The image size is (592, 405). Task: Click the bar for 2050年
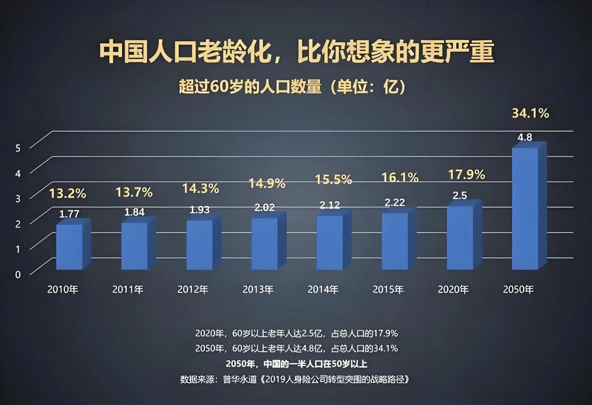(525, 208)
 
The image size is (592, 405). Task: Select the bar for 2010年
(69, 247)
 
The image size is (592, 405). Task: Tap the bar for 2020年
(460, 238)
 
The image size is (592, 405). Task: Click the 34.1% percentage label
(530, 113)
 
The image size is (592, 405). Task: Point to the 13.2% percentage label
(68, 193)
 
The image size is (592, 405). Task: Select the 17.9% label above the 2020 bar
(466, 175)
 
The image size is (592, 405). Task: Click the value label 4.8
(525, 137)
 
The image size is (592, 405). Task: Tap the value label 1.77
(69, 214)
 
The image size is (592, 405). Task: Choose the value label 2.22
(395, 202)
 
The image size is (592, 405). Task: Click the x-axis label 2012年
(193, 289)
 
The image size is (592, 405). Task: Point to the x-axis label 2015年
(388, 289)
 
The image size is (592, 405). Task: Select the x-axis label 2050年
(518, 289)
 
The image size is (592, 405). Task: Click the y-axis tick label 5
(18, 148)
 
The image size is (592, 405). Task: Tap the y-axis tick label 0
(18, 275)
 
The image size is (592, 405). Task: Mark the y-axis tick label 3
(18, 199)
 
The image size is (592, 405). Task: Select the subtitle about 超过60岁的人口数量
(292, 87)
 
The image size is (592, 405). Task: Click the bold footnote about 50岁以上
(296, 364)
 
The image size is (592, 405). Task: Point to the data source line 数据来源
(295, 379)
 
